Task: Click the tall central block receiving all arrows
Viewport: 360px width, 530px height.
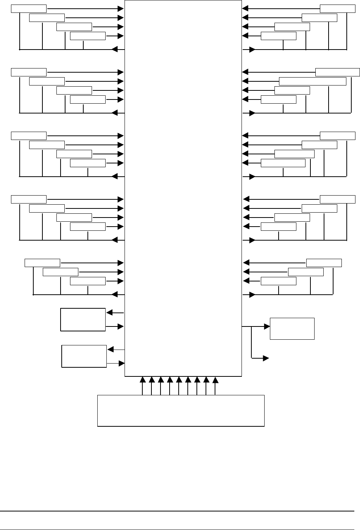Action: click(183, 188)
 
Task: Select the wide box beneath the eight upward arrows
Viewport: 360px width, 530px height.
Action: click(181, 410)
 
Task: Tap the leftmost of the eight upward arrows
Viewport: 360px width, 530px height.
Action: click(142, 380)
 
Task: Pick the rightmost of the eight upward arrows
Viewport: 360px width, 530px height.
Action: click(215, 380)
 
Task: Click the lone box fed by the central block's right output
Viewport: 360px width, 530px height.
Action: click(292, 328)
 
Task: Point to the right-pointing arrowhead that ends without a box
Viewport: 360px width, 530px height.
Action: click(266, 357)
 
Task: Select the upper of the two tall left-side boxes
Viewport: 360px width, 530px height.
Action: click(83, 319)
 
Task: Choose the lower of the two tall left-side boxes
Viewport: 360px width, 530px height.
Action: click(84, 356)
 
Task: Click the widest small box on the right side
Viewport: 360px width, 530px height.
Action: click(312, 81)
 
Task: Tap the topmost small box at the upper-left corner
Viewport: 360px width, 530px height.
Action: click(29, 8)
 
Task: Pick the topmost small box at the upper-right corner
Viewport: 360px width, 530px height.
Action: click(338, 8)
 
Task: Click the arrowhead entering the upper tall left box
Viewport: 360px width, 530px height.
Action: click(109, 313)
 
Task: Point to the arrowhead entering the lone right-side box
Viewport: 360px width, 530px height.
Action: click(267, 326)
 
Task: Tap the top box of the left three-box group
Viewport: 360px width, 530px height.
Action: click(42, 263)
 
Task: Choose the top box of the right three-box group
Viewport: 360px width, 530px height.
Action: click(324, 263)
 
